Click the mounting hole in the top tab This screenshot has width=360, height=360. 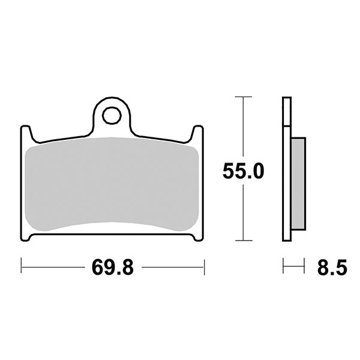click(x=112, y=115)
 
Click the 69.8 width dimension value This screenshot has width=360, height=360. click(x=112, y=267)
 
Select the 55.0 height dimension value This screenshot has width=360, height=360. click(x=243, y=171)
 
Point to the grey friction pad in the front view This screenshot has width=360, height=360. click(x=112, y=183)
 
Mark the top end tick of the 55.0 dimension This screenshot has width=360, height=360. click(x=243, y=97)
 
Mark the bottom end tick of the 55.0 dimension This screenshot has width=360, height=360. click(x=243, y=240)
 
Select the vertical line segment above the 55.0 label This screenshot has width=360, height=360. click(x=243, y=126)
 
